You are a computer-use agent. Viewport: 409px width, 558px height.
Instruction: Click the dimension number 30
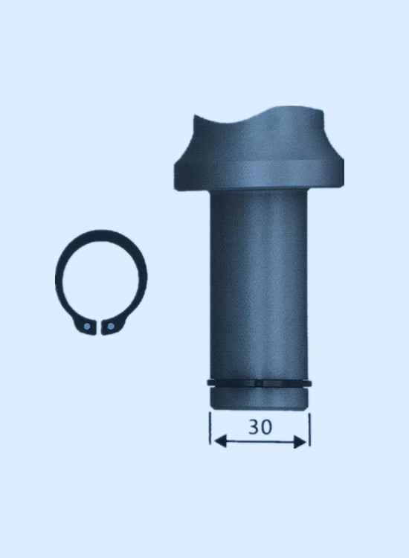[x=260, y=427]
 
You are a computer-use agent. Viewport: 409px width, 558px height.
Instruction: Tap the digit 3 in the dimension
[x=254, y=427]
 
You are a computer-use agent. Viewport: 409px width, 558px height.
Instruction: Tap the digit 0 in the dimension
[x=267, y=427]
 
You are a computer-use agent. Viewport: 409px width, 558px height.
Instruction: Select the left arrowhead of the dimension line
[x=221, y=442]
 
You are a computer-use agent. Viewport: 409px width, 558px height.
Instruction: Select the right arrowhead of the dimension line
[x=300, y=443]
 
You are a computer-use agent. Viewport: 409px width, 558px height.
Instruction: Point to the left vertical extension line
[x=210, y=428]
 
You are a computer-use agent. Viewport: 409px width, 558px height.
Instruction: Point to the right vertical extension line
[x=310, y=429]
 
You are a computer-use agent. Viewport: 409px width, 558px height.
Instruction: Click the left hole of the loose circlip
[x=87, y=327]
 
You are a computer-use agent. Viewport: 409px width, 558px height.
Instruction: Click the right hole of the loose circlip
[x=111, y=326]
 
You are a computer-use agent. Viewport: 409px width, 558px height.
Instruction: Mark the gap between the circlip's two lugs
[x=99, y=327]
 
